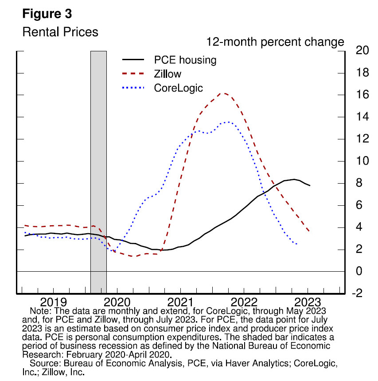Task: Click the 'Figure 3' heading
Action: (47, 14)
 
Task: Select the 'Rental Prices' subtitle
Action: (60, 32)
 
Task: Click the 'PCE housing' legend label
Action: (185, 60)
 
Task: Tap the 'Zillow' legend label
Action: (168, 73)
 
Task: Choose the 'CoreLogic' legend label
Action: (178, 88)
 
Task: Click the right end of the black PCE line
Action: (310, 185)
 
